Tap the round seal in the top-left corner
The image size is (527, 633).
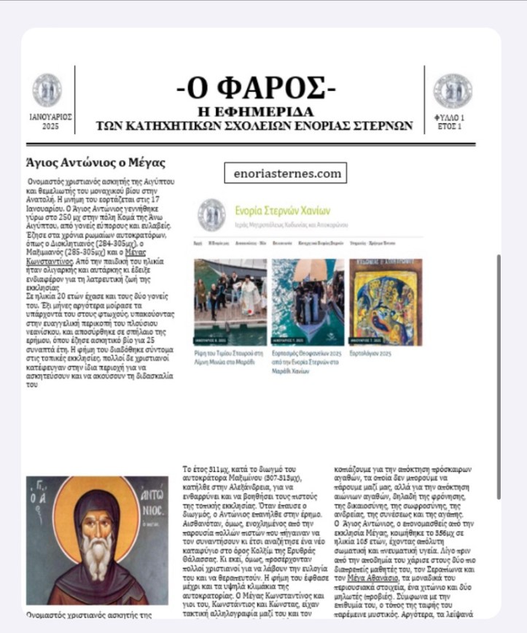[47, 90]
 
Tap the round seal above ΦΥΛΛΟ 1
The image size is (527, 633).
[452, 90]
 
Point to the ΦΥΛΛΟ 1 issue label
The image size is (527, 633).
[450, 117]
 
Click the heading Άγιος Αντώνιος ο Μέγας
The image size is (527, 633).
[95, 162]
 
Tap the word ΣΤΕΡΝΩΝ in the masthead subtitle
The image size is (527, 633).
[385, 125]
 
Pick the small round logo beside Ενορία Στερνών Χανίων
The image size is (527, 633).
[211, 214]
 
